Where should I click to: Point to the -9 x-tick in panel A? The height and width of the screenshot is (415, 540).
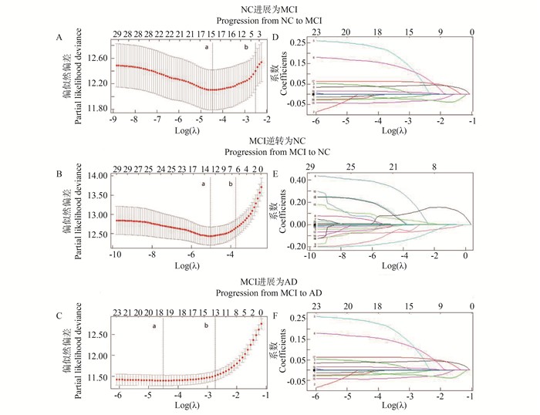[x=113, y=121]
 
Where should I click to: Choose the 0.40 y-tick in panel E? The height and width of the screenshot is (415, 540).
[x=298, y=180]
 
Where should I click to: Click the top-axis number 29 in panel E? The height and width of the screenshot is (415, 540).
[x=311, y=166]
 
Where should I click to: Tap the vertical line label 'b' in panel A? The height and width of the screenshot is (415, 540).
[x=246, y=48]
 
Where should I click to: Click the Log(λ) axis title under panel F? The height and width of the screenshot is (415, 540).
[x=393, y=407]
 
